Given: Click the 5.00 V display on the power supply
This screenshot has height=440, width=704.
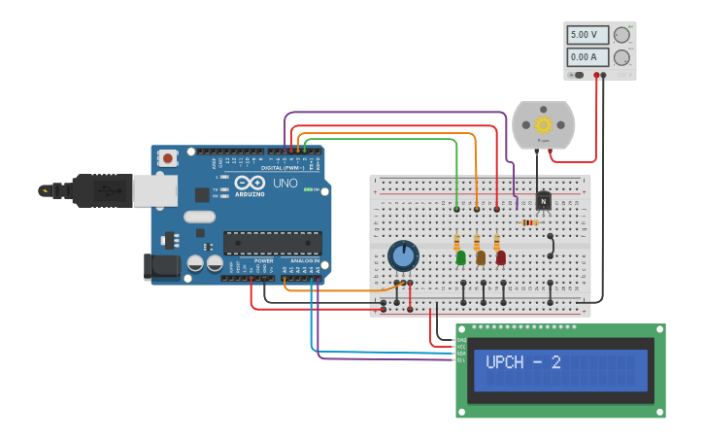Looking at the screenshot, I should [x=587, y=35].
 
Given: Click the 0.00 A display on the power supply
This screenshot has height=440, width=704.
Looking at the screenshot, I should [x=587, y=57].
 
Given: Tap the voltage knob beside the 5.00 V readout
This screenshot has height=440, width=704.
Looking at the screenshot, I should [x=621, y=35].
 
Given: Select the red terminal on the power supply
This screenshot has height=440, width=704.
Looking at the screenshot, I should [x=596, y=75].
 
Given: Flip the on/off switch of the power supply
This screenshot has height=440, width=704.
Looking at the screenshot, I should [x=577, y=75].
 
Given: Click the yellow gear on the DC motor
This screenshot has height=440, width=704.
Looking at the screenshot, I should [x=543, y=124].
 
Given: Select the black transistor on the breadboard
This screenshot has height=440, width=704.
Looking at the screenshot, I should [x=543, y=201].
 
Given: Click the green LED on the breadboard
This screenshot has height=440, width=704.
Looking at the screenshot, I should [x=461, y=257].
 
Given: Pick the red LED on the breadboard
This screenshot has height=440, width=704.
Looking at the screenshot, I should [x=501, y=257].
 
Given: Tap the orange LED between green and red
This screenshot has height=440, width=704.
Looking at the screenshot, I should [x=481, y=257].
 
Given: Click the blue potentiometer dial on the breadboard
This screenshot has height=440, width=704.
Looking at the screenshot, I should [x=403, y=256].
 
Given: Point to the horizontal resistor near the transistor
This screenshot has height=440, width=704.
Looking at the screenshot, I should [x=529, y=222].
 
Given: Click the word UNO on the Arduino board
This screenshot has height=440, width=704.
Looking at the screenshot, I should [x=285, y=183].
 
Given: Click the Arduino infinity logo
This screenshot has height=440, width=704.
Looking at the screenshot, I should [x=250, y=182].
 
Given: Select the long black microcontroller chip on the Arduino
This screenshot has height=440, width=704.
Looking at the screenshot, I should [x=273, y=242].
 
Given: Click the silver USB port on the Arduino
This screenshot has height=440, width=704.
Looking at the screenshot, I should [x=154, y=190].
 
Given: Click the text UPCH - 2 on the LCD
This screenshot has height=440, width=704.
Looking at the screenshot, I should [x=523, y=362].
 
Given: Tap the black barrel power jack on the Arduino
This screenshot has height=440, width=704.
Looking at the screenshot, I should [x=160, y=266].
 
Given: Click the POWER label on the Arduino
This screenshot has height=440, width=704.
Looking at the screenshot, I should [x=263, y=261].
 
